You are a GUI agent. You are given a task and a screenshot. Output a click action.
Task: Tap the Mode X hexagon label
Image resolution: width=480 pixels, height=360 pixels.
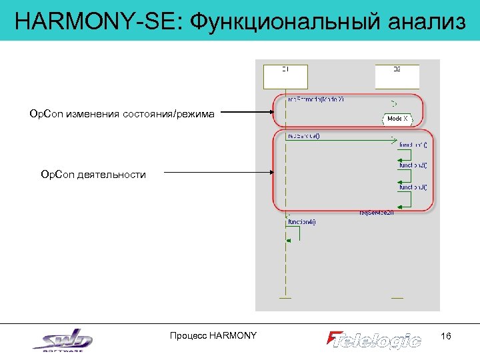click(397, 119)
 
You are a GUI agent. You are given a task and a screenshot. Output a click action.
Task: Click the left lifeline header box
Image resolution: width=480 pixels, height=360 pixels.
click(285, 76)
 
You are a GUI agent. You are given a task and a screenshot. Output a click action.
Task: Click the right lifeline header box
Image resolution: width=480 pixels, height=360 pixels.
click(397, 76)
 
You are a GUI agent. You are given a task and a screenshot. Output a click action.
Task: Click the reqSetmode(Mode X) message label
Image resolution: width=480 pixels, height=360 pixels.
click(315, 100)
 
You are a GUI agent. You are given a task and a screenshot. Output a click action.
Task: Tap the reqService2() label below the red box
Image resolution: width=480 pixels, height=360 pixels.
click(377, 213)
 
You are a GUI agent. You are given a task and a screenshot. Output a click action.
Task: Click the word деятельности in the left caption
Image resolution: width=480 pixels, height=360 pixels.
click(111, 174)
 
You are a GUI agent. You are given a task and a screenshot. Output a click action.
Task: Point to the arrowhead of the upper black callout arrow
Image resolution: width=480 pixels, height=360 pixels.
click(269, 114)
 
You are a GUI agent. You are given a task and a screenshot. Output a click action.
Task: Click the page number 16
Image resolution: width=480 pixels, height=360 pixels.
click(446, 336)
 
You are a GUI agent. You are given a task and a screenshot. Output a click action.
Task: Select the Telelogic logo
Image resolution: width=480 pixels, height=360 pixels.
click(374, 339)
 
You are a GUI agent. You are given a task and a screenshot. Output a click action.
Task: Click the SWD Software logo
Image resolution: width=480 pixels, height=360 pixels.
click(63, 341)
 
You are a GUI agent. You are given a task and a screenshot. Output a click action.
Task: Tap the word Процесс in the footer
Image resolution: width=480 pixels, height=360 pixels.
click(189, 335)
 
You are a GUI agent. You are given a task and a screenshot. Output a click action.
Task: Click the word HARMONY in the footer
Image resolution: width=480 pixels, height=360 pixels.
click(233, 335)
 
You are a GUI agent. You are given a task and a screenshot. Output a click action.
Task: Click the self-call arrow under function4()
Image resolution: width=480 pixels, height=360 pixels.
click(293, 233)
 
